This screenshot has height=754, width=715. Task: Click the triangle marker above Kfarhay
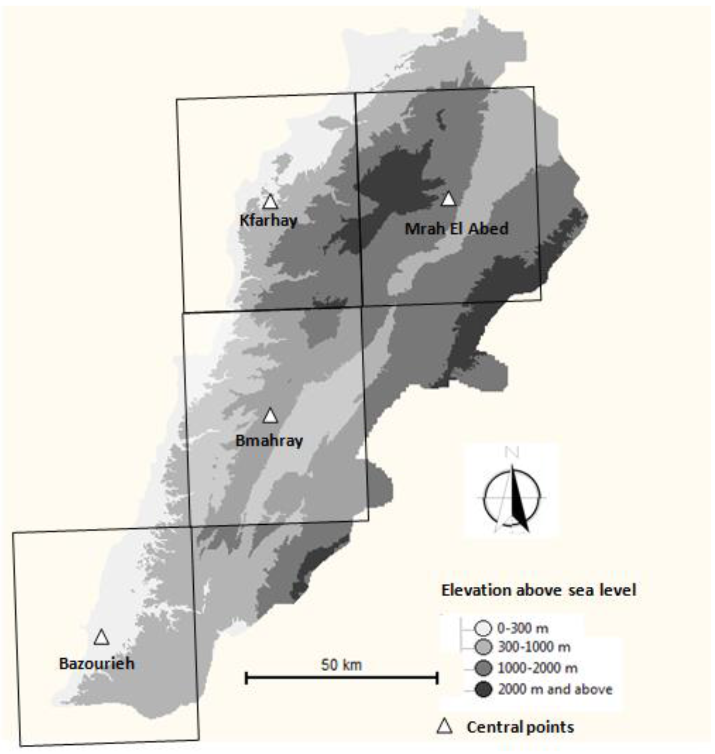click(270, 202)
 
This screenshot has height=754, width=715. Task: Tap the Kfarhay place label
click(268, 220)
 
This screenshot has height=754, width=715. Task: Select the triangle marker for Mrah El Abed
click(448, 199)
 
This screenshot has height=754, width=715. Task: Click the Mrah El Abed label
click(457, 229)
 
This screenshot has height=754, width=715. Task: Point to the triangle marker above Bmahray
click(270, 416)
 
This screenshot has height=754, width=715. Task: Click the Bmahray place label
click(269, 441)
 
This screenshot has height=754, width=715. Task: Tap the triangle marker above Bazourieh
click(101, 637)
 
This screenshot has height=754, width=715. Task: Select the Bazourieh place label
click(96, 664)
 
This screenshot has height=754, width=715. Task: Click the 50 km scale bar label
click(341, 665)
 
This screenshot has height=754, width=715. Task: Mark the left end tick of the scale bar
click(246, 678)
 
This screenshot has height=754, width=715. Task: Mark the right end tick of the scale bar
click(437, 678)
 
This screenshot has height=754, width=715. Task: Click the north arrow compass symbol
click(512, 498)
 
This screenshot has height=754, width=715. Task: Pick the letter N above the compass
click(512, 453)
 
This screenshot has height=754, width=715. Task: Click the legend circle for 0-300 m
click(483, 628)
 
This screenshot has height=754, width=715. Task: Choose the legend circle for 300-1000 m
click(483, 647)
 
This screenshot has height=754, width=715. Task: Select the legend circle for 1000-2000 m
click(483, 668)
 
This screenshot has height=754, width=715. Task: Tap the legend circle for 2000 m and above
click(483, 689)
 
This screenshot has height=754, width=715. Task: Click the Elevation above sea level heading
click(538, 590)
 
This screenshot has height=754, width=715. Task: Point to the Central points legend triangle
click(445, 726)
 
